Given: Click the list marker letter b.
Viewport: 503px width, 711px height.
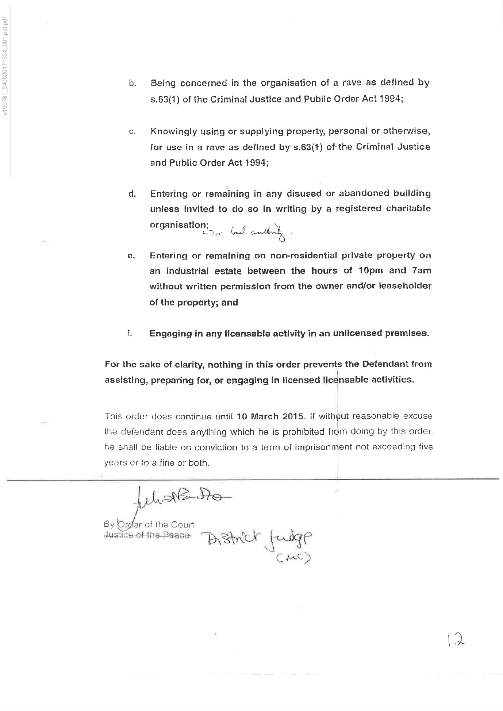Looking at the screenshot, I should click(x=132, y=84).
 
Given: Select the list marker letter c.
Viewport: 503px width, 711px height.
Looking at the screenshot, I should click(x=132, y=132).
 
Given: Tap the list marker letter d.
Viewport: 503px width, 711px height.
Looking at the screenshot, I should click(x=132, y=194).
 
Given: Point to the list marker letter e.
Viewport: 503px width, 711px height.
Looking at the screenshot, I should click(x=131, y=256).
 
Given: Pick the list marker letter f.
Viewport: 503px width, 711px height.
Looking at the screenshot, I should click(x=129, y=333).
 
